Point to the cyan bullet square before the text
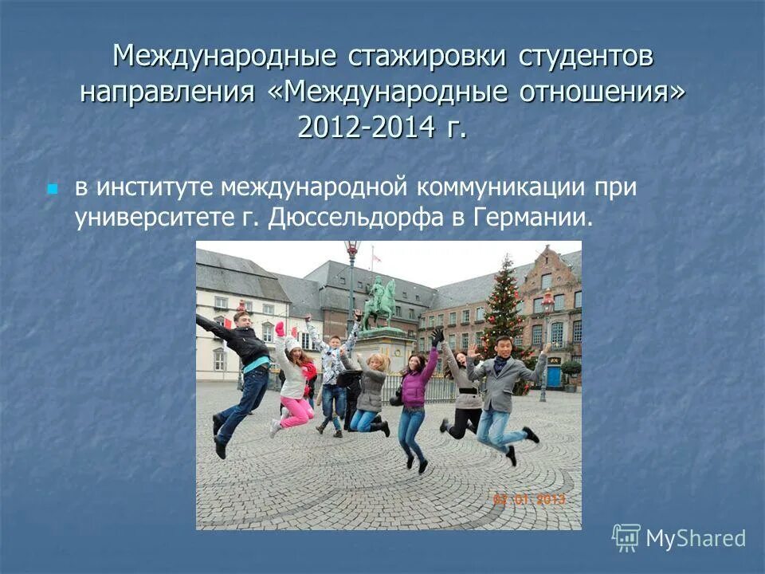tap(53, 190)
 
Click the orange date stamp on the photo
tap(528, 500)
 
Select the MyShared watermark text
tap(695, 538)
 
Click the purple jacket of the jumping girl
tap(414, 387)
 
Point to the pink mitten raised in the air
tap(280, 328)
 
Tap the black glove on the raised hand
tap(437, 336)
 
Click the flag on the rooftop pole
tap(375, 258)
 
